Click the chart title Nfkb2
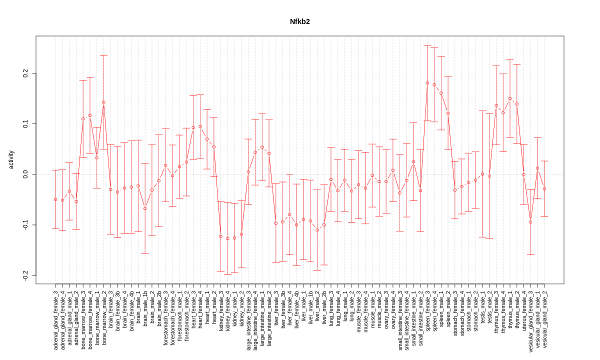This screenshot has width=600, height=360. [300, 22]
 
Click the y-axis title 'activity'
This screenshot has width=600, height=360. [11, 159]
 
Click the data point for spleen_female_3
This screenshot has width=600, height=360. [427, 83]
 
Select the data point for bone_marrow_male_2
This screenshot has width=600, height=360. [103, 102]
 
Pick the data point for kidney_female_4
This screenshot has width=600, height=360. [227, 238]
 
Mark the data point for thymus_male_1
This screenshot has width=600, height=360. [510, 98]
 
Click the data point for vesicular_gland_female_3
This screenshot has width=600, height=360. [530, 222]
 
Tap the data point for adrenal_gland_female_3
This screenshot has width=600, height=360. [55, 199]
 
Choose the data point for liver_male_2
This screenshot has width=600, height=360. [317, 230]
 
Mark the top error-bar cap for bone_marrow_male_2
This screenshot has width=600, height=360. [103, 55]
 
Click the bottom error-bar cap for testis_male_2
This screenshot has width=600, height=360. [489, 238]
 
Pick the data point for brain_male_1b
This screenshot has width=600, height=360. [145, 208]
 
